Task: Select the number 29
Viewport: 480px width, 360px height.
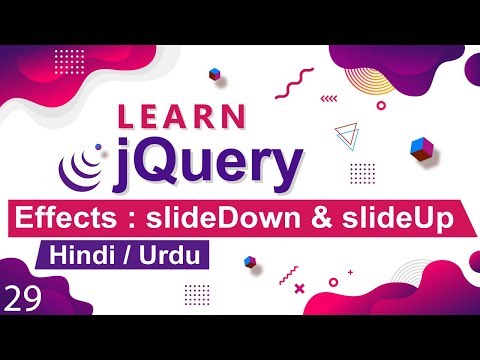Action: click(x=23, y=296)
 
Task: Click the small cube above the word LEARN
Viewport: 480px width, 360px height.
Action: click(x=214, y=75)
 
